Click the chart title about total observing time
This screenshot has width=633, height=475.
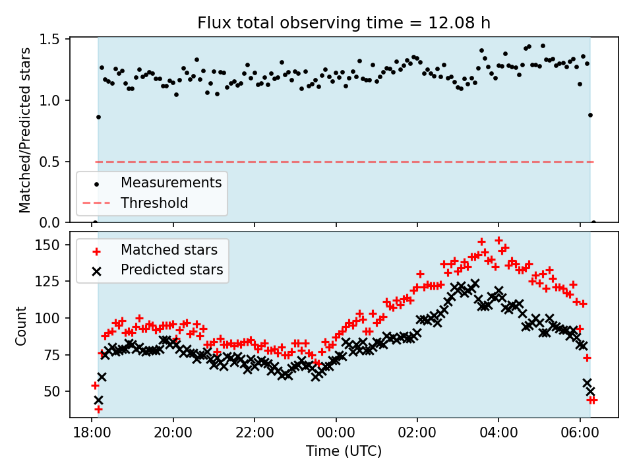tap(344, 23)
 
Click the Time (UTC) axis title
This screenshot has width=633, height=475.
tap(344, 452)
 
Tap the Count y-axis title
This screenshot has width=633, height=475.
tap(22, 325)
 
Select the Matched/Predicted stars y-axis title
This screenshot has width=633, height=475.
tap(25, 130)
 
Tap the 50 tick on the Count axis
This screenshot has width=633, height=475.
tap(55, 391)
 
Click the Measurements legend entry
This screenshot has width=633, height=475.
tap(171, 182)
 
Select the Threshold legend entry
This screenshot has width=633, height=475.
tap(154, 203)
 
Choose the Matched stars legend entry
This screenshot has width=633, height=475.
tap(169, 250)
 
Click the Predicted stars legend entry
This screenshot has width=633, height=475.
tap(171, 270)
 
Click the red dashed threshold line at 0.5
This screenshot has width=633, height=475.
tap(396, 162)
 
